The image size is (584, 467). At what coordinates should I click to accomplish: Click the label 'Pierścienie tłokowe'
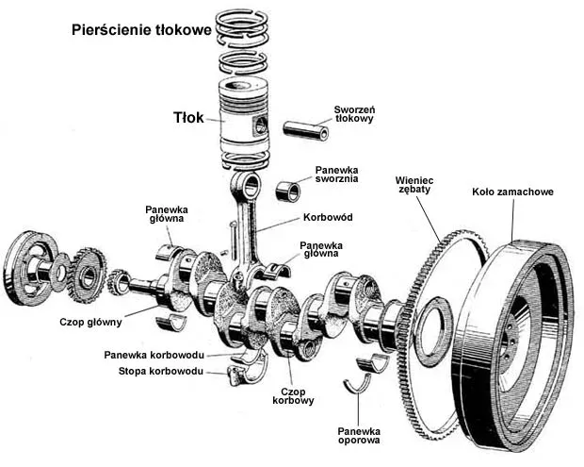(141, 30)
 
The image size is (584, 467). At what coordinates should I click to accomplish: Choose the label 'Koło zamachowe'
(512, 192)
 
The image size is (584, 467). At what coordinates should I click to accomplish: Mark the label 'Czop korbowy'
(293, 395)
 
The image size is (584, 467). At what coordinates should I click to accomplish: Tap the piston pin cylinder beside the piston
(308, 127)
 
